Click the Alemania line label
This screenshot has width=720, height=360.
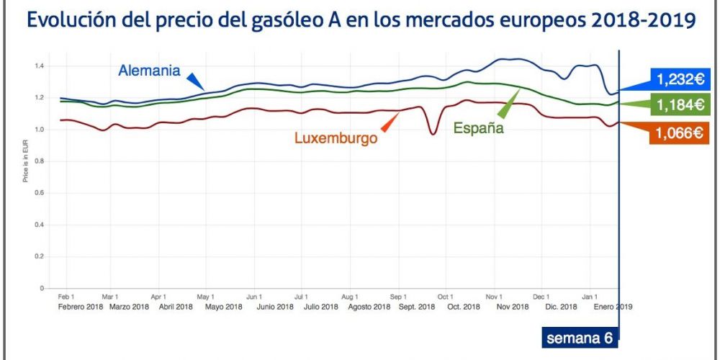148,71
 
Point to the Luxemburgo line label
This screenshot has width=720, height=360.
336,138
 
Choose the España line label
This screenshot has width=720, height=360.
477,129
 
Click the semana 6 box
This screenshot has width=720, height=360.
579,338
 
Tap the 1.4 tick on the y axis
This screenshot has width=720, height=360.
40,66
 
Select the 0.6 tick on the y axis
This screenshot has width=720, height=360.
40,193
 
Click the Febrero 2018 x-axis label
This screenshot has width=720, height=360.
80,306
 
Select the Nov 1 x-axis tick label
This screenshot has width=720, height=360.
494,296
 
